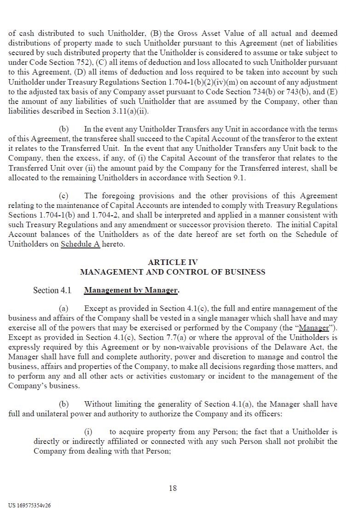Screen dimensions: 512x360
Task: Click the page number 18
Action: click(173, 488)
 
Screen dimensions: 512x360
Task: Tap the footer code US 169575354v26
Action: click(29, 505)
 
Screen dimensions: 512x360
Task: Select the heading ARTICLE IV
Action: click(173, 262)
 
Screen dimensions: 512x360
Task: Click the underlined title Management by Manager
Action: click(131, 290)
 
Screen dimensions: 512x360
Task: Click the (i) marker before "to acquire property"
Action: click(88, 432)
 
